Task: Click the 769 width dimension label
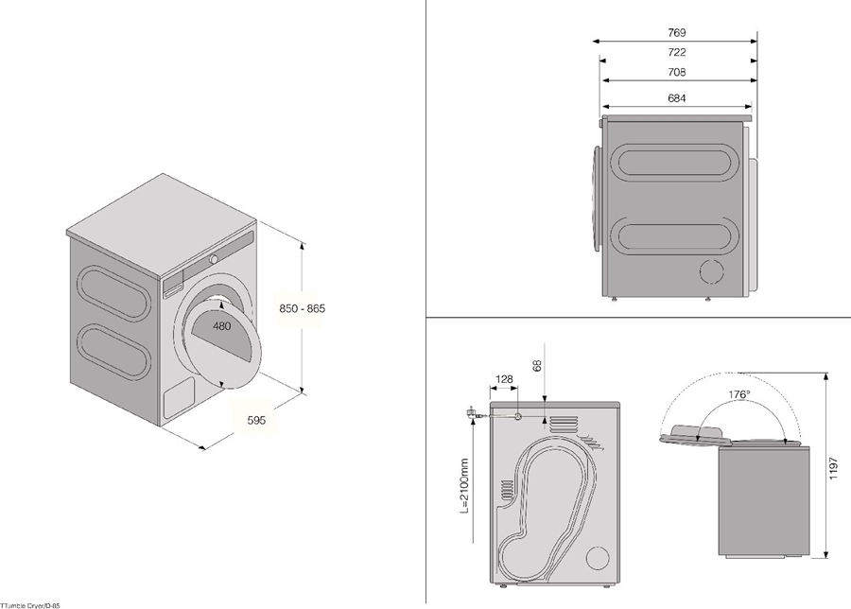coord(676,32)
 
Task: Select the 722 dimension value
coord(676,53)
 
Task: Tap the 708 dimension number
coord(676,73)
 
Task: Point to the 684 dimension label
coord(676,98)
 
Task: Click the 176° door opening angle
coord(739,394)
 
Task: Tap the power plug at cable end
coord(470,412)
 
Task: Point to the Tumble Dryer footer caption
coord(30,603)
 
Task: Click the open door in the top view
coord(698,434)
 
